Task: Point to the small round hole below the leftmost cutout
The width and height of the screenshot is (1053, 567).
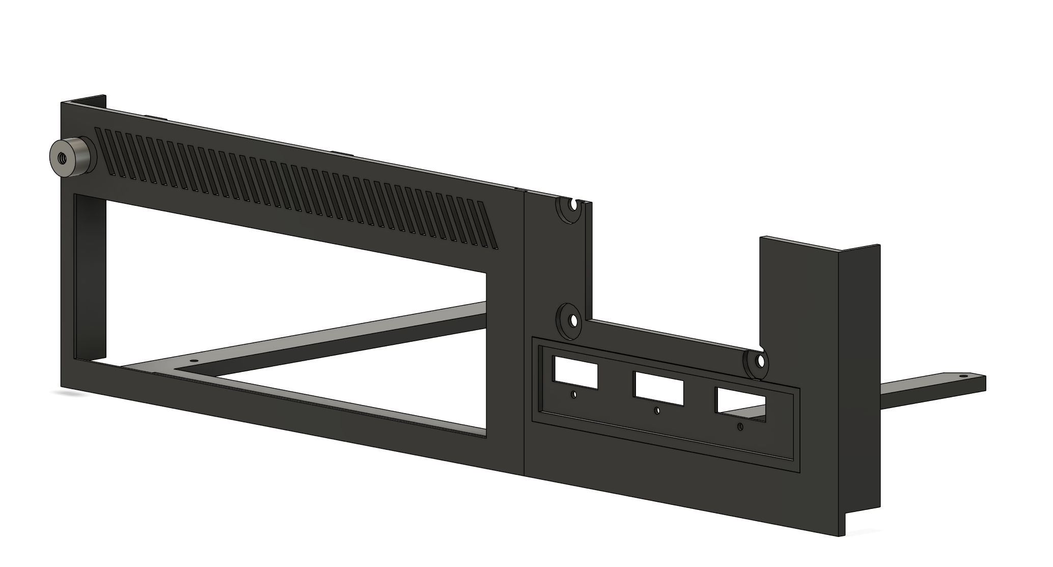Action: (x=574, y=394)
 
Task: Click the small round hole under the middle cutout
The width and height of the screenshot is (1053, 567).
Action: (x=657, y=411)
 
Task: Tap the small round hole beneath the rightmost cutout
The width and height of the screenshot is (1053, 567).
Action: (x=739, y=427)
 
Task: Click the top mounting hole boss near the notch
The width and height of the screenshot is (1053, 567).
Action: (x=573, y=207)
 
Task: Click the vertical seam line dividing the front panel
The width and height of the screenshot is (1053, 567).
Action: (x=524, y=331)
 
